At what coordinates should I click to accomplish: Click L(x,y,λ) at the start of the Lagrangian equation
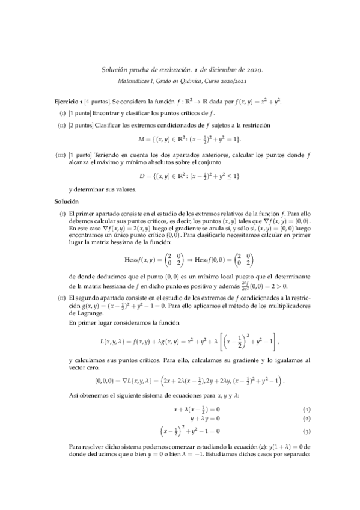tap(112, 342)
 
